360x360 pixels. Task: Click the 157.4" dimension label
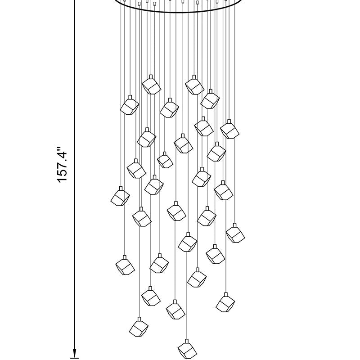[62, 164]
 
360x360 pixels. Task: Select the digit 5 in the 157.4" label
[62, 174]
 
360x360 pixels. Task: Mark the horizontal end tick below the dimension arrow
[74, 357]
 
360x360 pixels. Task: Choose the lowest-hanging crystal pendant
[187, 351]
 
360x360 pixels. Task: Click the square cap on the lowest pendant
[187, 341]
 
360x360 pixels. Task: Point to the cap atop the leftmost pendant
[121, 189]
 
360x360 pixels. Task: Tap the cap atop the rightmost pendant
[234, 225]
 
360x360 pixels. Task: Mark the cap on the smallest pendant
[165, 153]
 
